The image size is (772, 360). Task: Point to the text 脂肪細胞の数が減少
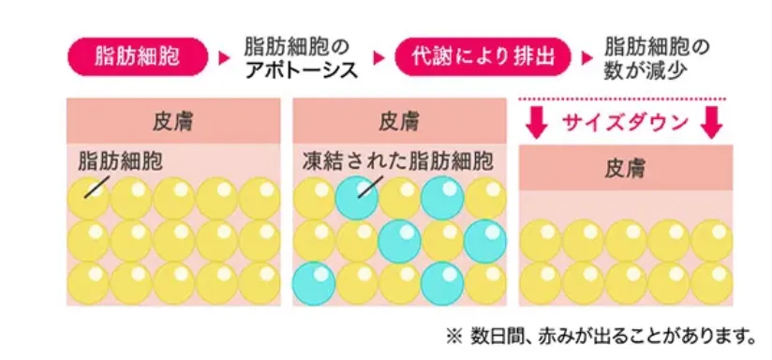[x=655, y=56]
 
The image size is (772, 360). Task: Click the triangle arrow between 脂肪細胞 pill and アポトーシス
[x=223, y=58]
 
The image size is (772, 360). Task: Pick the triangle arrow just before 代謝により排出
[x=379, y=58]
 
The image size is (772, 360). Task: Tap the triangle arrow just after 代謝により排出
[x=586, y=58]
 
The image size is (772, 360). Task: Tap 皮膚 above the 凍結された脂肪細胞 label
[x=399, y=121]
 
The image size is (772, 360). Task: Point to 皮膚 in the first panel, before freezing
[x=172, y=121]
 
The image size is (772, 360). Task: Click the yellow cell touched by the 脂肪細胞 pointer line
[x=88, y=200]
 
